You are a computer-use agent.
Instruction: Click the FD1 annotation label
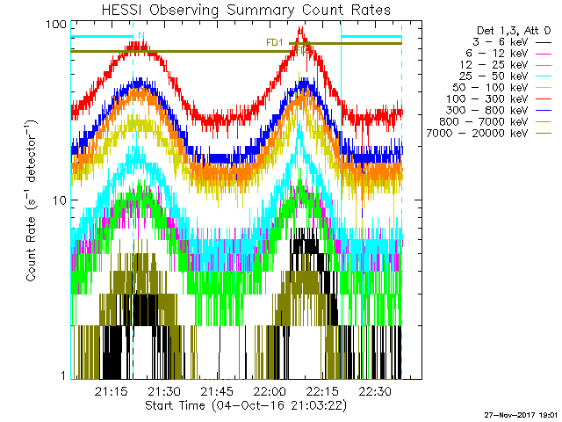pos(274,41)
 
